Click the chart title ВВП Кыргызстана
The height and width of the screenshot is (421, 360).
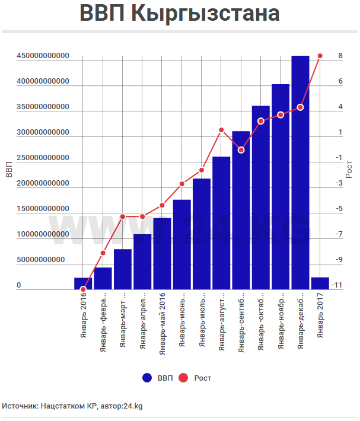point(180,14)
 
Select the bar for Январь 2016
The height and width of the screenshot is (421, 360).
point(83,283)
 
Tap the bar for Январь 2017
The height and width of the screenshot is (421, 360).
point(320,283)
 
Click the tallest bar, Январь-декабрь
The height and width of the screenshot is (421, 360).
point(300,172)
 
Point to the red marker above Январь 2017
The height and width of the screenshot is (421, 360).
point(320,56)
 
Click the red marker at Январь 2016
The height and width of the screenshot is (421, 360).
point(83,289)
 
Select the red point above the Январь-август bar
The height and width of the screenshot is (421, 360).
point(221,130)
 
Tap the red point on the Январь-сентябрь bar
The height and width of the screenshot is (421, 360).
point(241,150)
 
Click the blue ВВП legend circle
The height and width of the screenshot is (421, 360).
point(148,378)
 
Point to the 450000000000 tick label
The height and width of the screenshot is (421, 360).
point(43,56)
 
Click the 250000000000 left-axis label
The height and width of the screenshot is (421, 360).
point(43,158)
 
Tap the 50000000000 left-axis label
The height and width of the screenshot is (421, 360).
point(41,260)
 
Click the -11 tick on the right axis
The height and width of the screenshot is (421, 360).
point(337,285)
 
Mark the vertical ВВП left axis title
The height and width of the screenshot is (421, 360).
point(8,170)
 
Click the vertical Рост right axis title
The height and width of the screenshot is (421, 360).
point(350,169)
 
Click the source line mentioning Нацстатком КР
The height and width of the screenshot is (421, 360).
point(72,406)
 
